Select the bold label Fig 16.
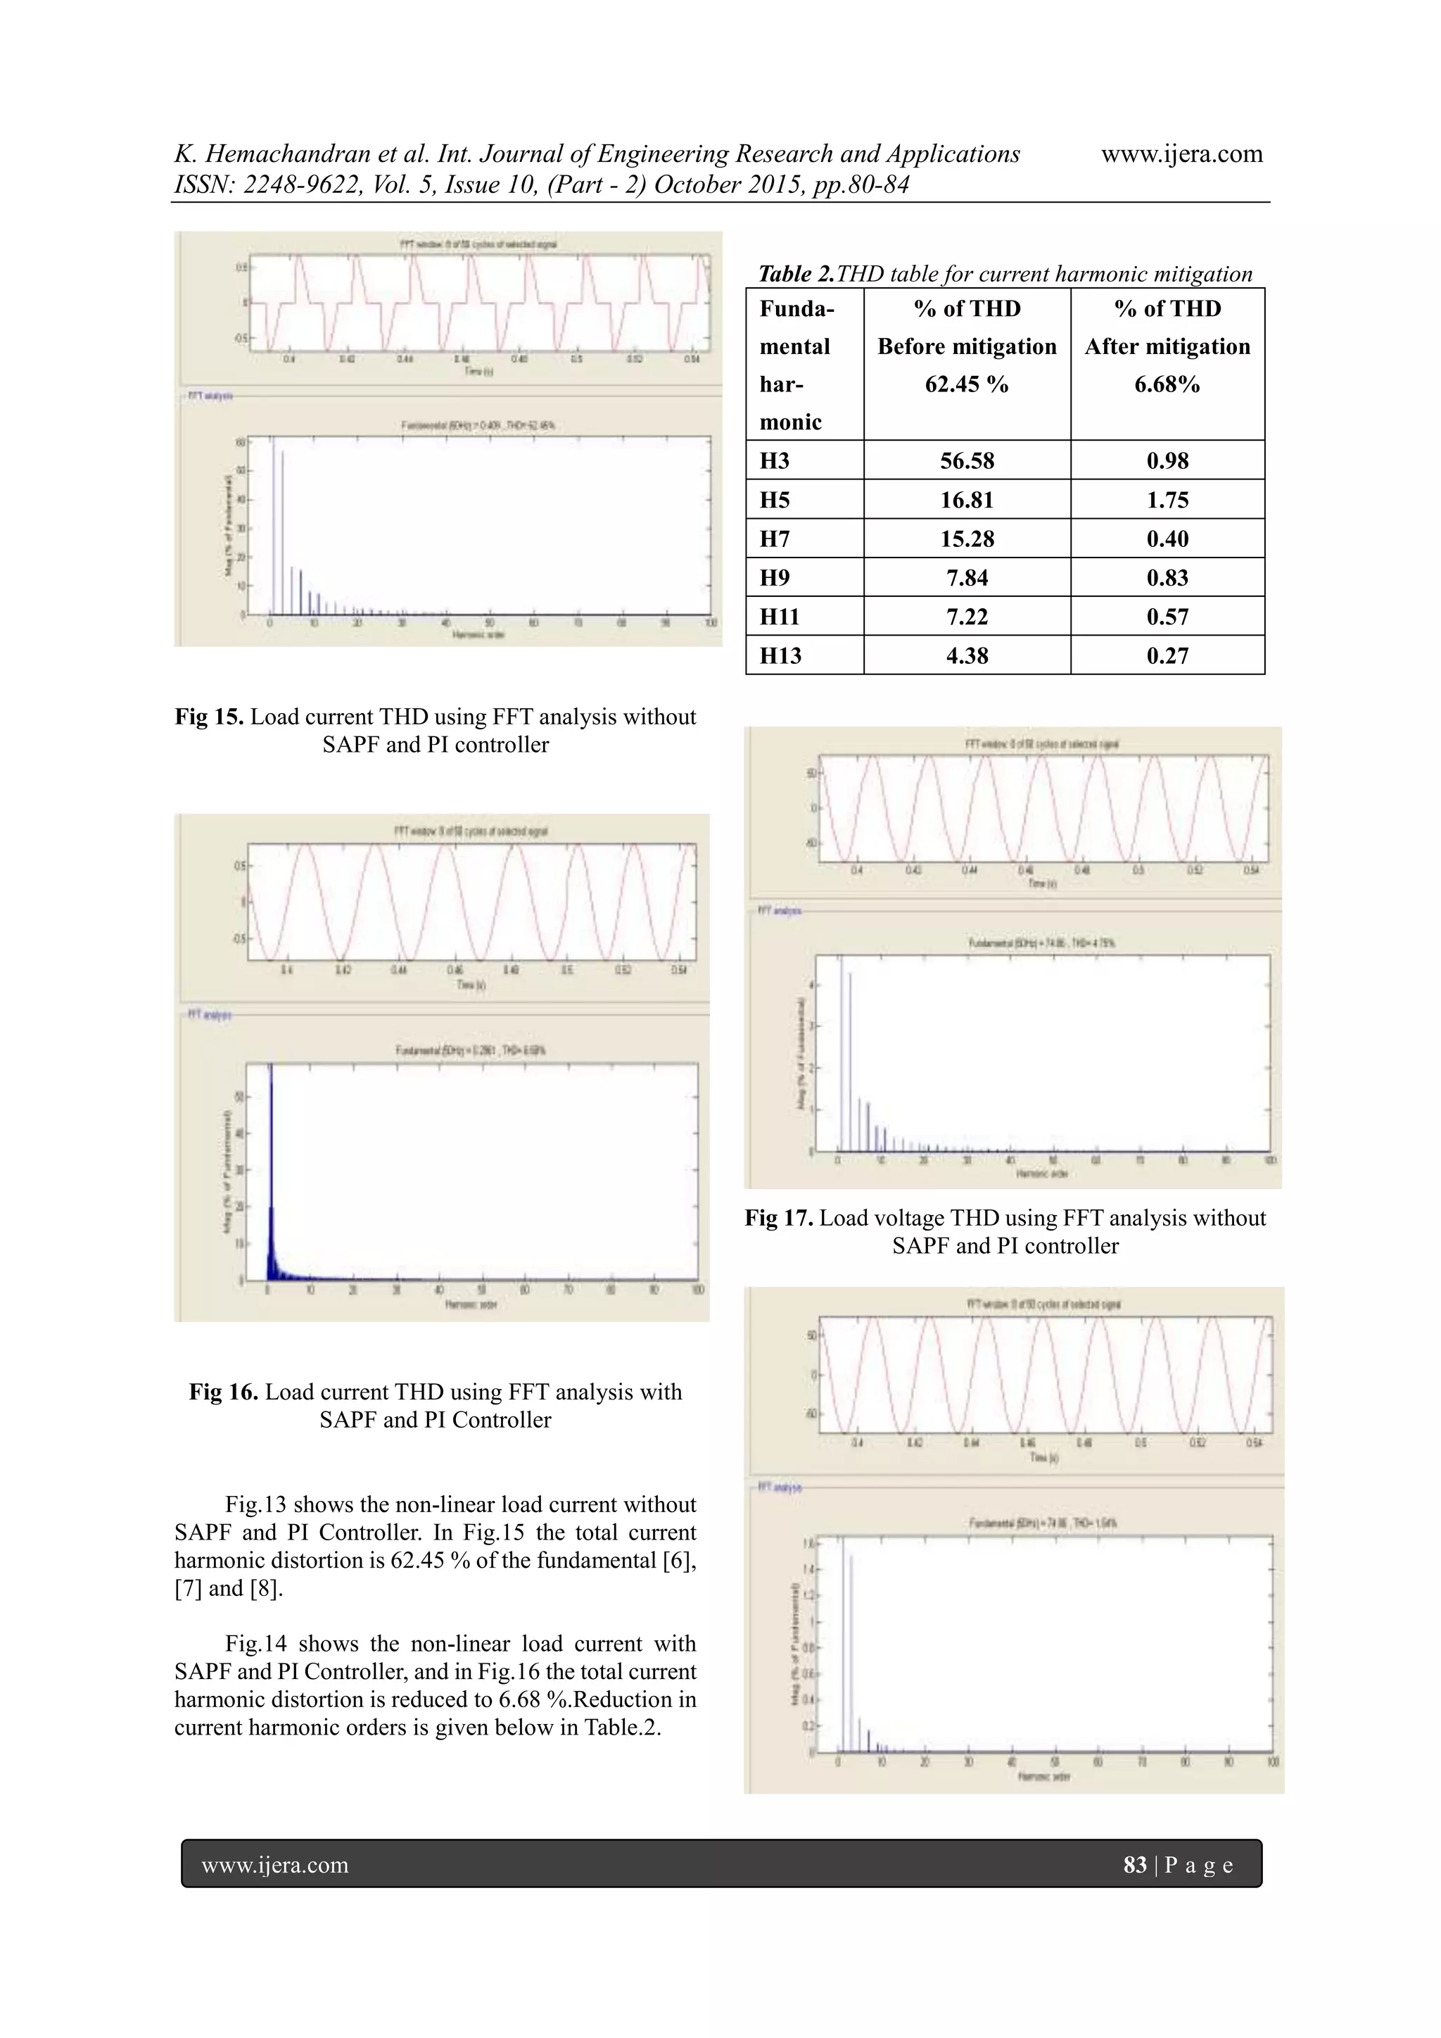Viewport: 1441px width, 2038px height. pyautogui.click(x=224, y=1392)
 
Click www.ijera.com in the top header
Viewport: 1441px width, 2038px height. pyautogui.click(x=1181, y=154)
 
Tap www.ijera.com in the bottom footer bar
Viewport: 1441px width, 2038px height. pyautogui.click(x=275, y=1865)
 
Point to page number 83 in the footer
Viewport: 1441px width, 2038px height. pyautogui.click(x=1135, y=1865)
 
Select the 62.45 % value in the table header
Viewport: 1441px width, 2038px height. pyautogui.click(x=966, y=384)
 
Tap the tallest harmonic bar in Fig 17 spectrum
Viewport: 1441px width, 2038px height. pyautogui.click(x=842, y=1056)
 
